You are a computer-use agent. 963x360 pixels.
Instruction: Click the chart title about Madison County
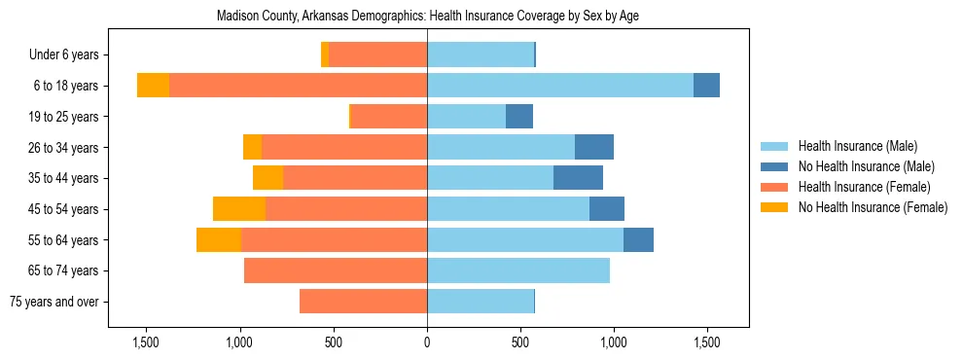coord(428,17)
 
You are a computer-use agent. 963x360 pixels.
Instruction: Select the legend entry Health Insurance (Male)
coord(856,147)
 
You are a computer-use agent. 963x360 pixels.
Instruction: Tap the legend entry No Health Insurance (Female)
coord(873,207)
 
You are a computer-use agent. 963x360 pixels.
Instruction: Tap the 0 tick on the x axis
coord(427,343)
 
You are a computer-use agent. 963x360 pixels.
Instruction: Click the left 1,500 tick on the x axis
coord(146,343)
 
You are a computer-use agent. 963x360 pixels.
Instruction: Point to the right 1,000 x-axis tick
coord(614,343)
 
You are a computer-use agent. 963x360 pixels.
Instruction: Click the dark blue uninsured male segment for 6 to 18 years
coord(706,86)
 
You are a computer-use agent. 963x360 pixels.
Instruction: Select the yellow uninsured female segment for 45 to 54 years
coord(239,209)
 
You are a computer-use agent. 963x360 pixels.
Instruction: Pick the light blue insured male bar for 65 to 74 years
coord(518,270)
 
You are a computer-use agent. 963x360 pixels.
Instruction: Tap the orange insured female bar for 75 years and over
coord(363,302)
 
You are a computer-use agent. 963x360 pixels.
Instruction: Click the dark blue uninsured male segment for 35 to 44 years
coord(578,178)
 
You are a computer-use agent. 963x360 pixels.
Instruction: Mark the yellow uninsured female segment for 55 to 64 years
coord(219,240)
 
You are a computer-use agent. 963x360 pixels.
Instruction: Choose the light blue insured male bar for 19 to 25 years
coord(466,117)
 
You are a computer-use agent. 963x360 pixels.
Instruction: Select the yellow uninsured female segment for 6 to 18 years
coord(153,86)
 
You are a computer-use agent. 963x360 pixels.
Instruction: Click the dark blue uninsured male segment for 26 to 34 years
coord(594,148)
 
